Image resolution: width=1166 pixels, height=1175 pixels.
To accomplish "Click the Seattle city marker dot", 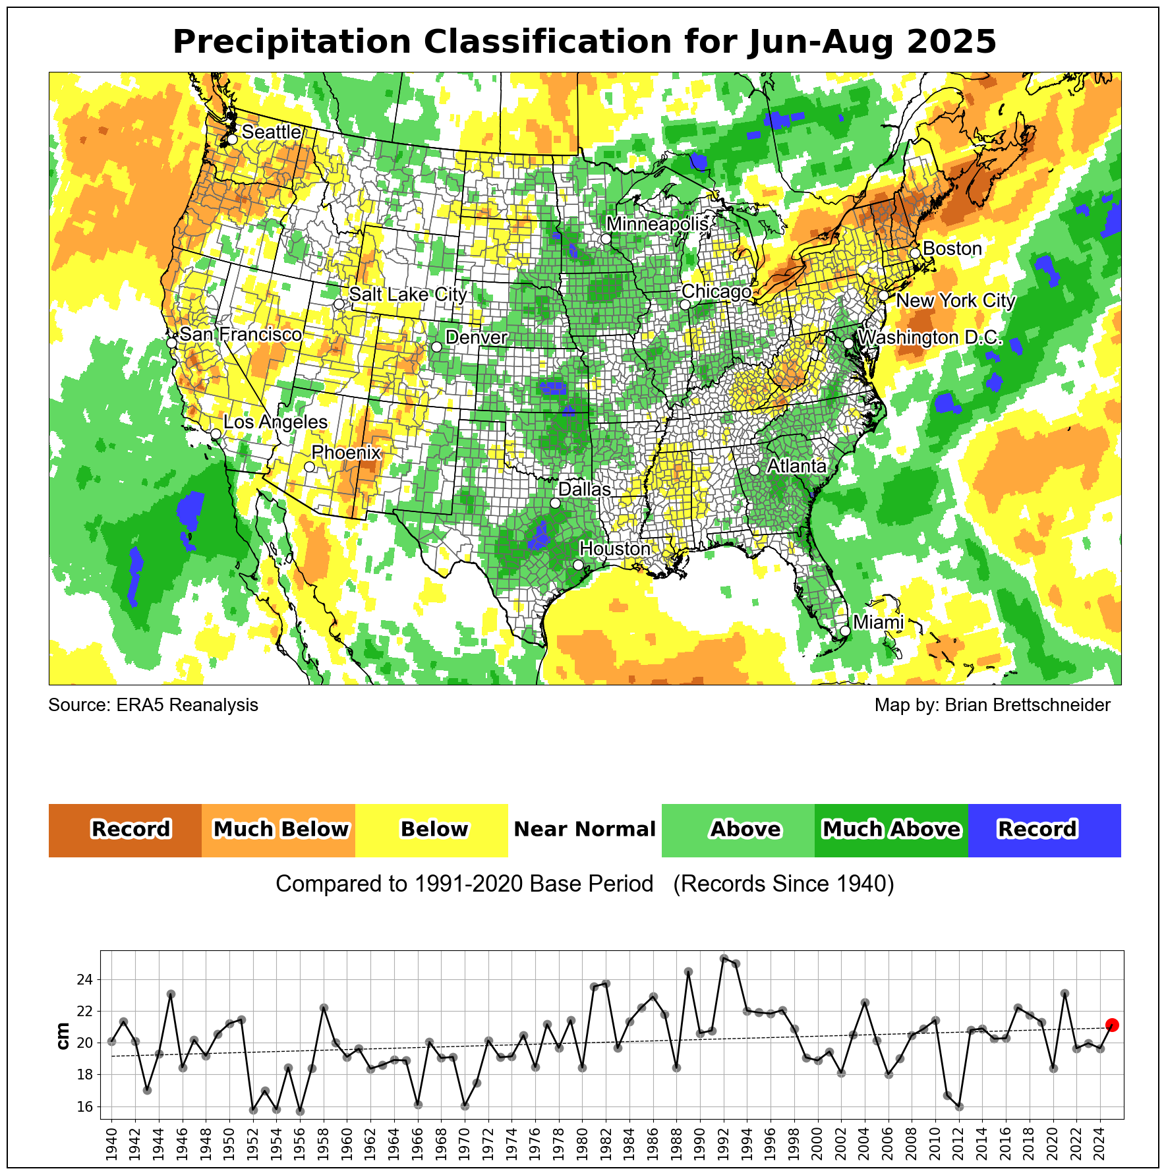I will coord(232,139).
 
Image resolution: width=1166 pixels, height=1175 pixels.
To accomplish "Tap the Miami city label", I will coord(878,622).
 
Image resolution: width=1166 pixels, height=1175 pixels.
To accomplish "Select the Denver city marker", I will coord(436,347).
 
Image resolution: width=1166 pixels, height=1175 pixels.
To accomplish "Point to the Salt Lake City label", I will coord(408,294).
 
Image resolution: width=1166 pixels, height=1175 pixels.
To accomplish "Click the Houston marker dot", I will coord(578,565).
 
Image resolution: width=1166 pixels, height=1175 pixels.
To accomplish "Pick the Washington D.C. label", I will coord(930,337).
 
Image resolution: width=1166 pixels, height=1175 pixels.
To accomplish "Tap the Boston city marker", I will coord(915,253).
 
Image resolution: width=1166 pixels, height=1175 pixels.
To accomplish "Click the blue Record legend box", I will coord(1044,830).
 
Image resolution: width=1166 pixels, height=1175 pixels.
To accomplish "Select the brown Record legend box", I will coord(125,830).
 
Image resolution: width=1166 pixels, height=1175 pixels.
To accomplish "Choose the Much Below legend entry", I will coord(278,830).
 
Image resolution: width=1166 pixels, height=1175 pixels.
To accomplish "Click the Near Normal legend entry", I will coord(585,830).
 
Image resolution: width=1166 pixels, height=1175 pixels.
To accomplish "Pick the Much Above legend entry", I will coord(891,830).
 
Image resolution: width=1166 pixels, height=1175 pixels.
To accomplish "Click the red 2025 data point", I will coord(1112,1025).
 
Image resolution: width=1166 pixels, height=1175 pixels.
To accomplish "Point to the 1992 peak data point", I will coord(724,958).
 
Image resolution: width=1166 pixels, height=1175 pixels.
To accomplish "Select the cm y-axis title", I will coord(63,1036).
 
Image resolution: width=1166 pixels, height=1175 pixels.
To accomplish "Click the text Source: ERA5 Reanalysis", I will coord(154,705).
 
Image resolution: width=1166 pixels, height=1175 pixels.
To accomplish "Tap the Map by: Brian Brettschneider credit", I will coord(992,705).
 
